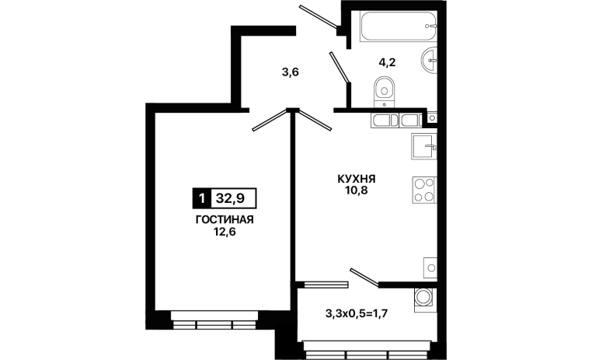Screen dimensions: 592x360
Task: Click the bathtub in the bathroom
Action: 399,26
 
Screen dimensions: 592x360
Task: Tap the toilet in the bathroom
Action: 385,93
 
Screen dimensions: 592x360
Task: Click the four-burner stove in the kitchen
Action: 424,190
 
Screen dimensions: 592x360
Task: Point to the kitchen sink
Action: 424,146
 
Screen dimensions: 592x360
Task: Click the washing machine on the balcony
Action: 426,299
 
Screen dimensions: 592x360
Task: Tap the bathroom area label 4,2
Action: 388,62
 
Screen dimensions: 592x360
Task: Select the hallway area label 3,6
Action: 291,72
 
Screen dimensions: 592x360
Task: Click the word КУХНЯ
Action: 357,178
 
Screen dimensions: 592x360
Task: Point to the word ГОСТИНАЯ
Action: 225,220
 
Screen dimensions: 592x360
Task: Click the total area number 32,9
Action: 230,198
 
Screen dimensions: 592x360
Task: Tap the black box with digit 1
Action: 202,198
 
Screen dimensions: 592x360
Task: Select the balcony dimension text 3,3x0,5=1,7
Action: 357,313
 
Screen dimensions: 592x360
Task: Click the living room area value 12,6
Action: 225,232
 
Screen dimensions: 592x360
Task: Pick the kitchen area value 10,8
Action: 356,190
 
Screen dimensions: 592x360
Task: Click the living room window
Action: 214,320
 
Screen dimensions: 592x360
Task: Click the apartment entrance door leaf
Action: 319,16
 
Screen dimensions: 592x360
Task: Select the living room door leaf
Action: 270,121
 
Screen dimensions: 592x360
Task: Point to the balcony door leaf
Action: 364,278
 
